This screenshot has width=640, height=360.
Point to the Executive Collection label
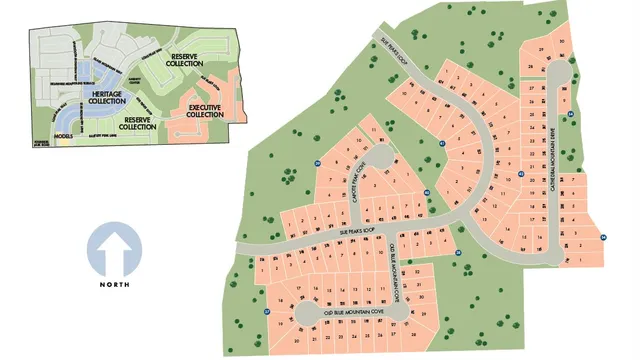pyautogui.click(x=204, y=112)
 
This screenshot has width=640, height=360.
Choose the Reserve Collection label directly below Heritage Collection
pyautogui.click(x=138, y=123)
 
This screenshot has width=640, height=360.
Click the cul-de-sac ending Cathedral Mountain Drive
pyautogui.click(x=554, y=77)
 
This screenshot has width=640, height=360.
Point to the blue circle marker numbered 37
pyautogui.click(x=268, y=311)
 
